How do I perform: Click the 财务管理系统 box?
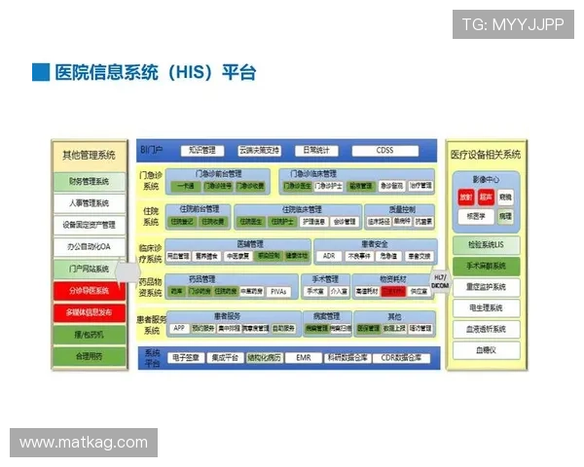tap(89, 182)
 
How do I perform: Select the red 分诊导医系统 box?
tap(89, 290)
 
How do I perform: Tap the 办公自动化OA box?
tap(89, 247)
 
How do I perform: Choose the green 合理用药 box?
tap(89, 356)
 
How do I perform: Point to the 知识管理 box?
tap(201, 151)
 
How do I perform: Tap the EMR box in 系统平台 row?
tap(304, 358)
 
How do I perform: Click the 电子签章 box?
tap(189, 358)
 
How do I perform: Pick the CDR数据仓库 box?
tap(401, 358)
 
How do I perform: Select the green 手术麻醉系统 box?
tap(485, 266)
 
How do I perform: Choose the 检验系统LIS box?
tap(485, 245)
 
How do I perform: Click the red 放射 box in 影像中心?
tap(465, 197)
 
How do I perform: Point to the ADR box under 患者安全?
tap(329, 256)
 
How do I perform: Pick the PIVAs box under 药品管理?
tap(278, 291)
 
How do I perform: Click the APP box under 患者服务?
tap(178, 329)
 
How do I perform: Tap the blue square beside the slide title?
tap(40, 72)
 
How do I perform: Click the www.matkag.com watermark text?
tap(84, 443)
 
